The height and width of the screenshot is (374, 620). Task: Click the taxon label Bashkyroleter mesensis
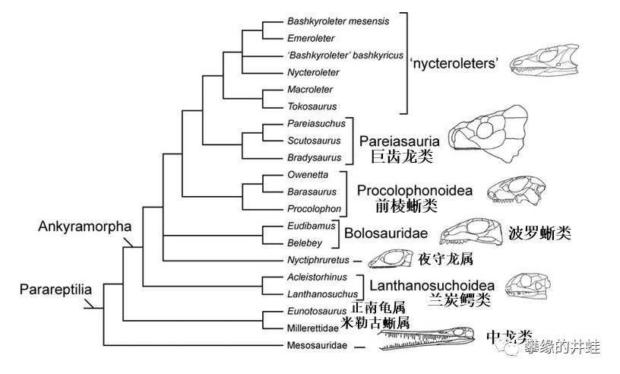tap(338, 21)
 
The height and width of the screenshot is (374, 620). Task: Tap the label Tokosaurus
tap(312, 106)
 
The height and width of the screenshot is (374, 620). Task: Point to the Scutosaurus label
tap(312, 140)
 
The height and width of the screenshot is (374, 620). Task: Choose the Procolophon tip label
tap(314, 208)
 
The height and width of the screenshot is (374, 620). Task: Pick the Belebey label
tap(304, 243)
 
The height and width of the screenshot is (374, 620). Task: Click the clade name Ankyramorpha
tap(84, 227)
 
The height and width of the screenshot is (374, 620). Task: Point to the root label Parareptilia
tap(51, 290)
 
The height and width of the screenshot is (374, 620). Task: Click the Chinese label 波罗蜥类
tap(539, 233)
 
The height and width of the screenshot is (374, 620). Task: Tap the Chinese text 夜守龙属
tap(445, 260)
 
